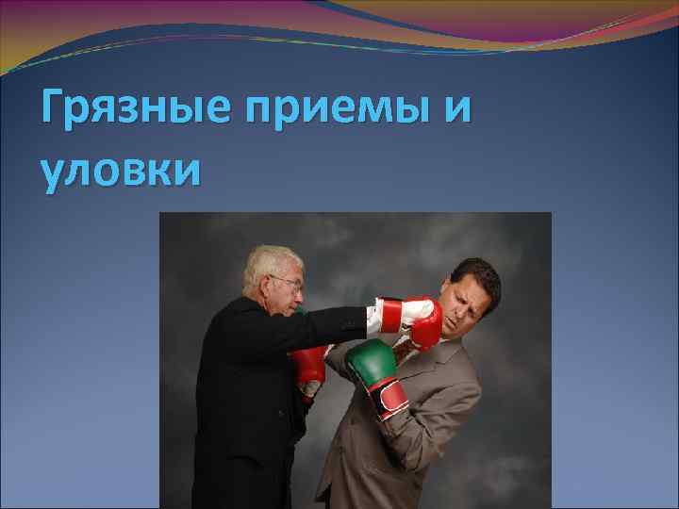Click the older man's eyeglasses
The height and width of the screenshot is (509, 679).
click(x=287, y=282)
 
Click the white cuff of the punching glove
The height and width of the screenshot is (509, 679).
click(x=389, y=314)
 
